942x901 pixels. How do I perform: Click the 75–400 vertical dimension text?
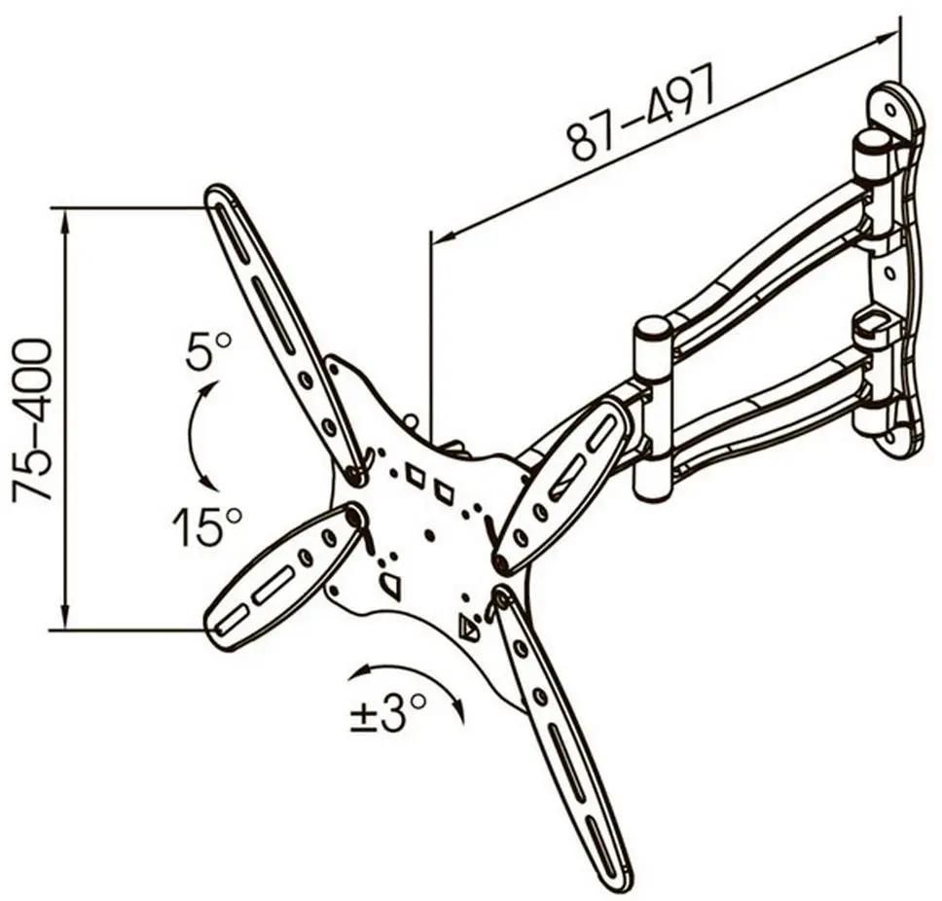32,420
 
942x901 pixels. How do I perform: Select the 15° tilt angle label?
206,526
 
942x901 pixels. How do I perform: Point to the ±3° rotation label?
388,713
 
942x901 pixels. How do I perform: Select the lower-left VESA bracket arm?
282,577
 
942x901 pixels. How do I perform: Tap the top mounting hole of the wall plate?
889,110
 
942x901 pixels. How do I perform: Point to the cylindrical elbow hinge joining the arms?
654,410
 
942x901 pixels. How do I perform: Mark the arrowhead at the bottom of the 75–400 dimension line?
65,615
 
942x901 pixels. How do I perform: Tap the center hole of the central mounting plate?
427,533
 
